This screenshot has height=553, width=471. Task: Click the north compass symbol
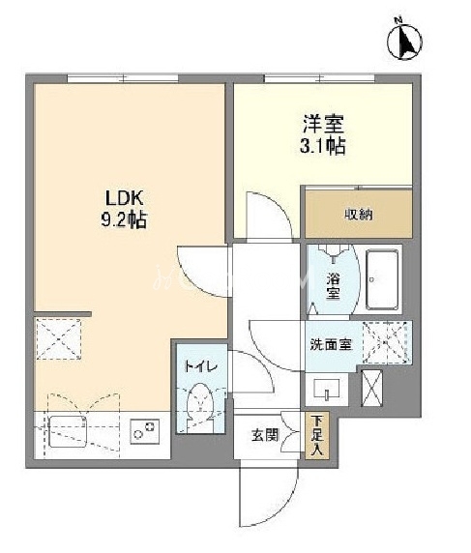[x=404, y=41]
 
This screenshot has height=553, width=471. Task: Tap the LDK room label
[x=125, y=198]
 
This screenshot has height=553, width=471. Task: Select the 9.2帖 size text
[x=124, y=220]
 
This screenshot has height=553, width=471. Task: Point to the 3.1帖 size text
[x=322, y=145]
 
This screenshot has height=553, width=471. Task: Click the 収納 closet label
[x=359, y=215]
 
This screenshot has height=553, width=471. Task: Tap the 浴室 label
[x=333, y=286]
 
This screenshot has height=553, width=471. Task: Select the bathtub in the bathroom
[x=382, y=279]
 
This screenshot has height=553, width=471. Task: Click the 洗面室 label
[x=332, y=344]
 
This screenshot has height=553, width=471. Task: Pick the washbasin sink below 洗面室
[x=327, y=388]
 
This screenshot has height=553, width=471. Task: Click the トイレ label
[x=201, y=366]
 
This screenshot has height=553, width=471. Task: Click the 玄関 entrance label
[x=265, y=435]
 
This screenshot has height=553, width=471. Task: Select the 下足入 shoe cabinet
[x=317, y=436]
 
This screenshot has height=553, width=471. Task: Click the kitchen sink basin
[x=68, y=432]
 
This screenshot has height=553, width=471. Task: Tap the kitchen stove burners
[x=145, y=431]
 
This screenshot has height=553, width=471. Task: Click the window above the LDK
[x=123, y=78]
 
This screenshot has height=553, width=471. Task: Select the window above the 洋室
[x=319, y=78]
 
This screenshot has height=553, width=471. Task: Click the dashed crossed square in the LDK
[x=59, y=339]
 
